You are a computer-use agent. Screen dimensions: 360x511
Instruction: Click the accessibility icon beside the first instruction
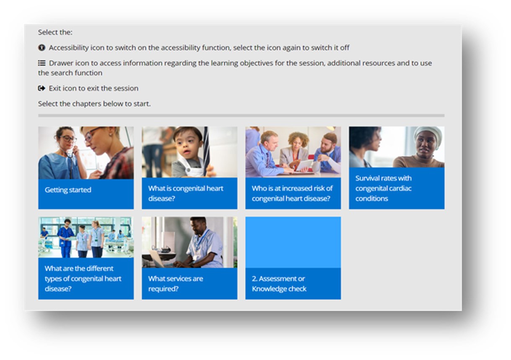coord(41,48)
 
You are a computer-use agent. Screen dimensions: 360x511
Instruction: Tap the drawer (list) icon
coord(41,63)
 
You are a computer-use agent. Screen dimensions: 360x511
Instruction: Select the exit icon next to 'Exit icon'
coord(41,88)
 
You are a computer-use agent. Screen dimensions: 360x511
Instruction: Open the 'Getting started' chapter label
coord(68,190)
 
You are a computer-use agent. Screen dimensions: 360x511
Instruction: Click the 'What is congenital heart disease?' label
coord(186,193)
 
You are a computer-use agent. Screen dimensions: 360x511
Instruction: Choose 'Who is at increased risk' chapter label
coord(292,193)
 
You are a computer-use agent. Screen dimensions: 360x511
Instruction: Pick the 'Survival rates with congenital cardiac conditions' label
coord(383,188)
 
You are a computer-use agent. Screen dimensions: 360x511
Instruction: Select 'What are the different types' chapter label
coord(83,278)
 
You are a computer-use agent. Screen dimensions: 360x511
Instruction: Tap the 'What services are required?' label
coord(175,283)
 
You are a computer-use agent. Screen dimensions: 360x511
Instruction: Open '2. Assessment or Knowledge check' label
coord(279,283)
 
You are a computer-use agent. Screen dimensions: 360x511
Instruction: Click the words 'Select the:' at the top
coord(55,32)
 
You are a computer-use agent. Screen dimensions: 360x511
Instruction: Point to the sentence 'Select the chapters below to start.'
coord(94,104)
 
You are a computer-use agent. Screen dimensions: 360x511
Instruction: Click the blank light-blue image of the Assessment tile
coord(293,242)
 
